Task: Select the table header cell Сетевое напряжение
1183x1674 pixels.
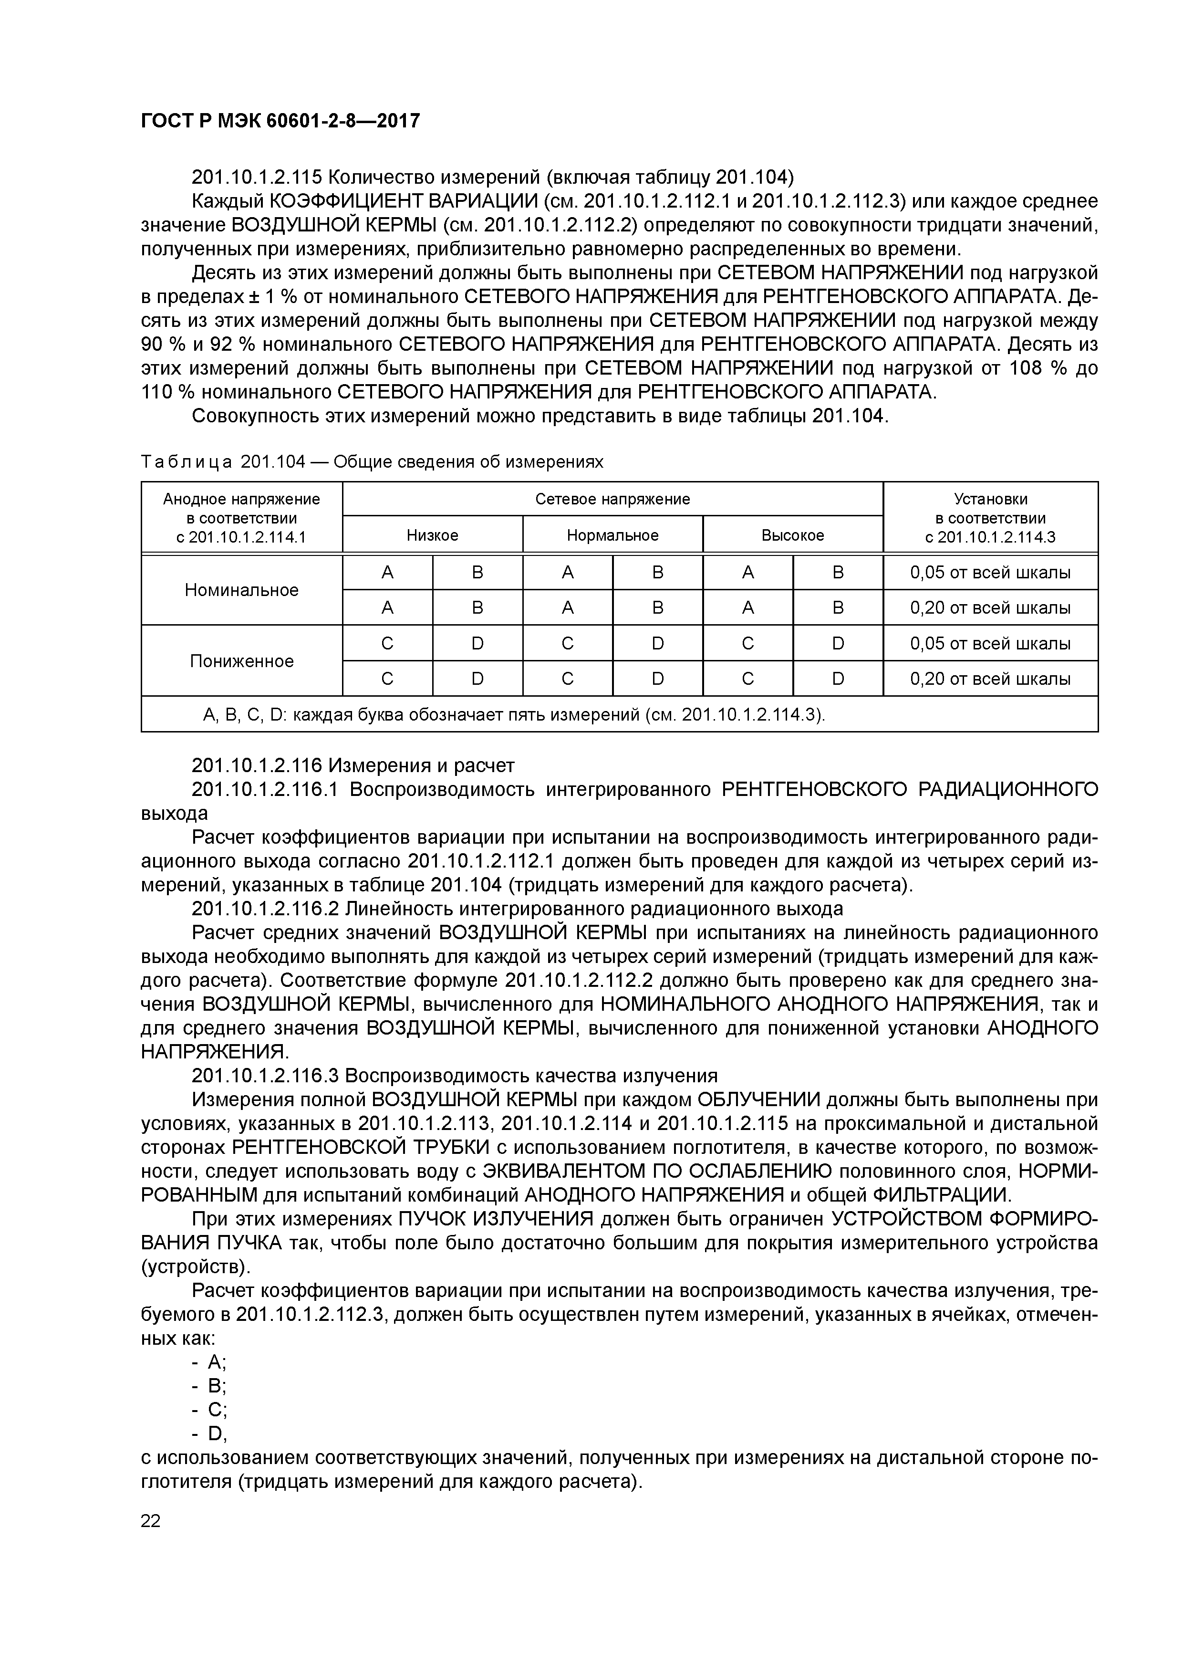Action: [x=612, y=499]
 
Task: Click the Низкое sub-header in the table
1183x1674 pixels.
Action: [x=432, y=535]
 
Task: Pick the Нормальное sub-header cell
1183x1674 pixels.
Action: [x=612, y=535]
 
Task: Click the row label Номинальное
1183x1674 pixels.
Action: [x=241, y=590]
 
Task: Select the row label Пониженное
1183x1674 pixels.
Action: [x=241, y=661]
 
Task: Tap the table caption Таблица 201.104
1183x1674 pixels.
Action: [x=372, y=462]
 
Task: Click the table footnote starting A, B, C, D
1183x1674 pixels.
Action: [x=513, y=714]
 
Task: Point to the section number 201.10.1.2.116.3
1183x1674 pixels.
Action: [x=265, y=1076]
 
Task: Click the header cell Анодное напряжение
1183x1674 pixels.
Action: [x=241, y=518]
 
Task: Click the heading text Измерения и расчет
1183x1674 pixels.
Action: [x=421, y=765]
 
